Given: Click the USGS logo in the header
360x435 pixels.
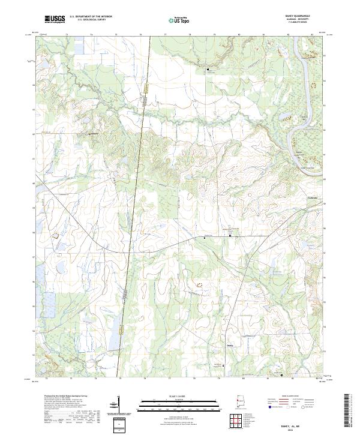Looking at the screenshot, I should (53, 19).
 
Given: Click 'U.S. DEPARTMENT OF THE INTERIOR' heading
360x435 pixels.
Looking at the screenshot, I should (90, 17).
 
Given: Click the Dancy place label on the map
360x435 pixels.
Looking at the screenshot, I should (230, 345).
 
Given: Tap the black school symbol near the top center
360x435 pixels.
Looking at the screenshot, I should (208, 70).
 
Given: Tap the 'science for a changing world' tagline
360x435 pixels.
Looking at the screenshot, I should (53, 23).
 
